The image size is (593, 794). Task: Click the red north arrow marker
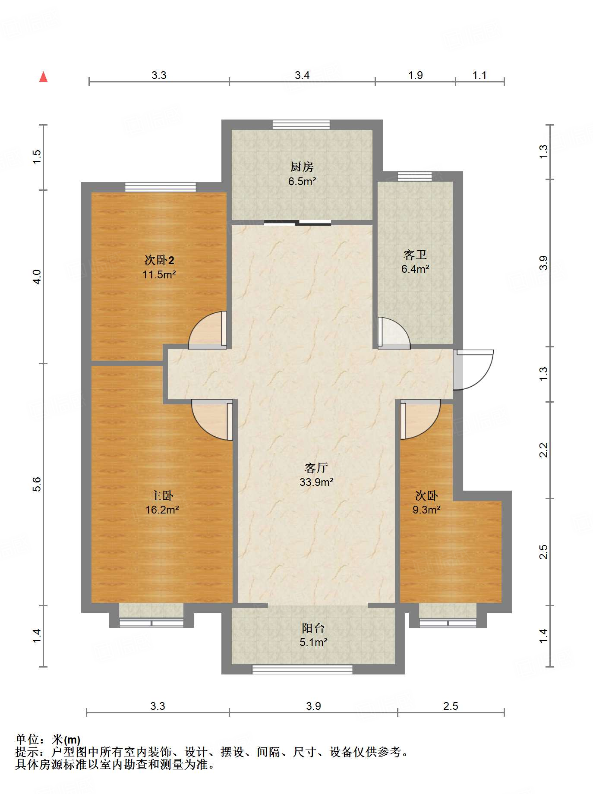pyautogui.click(x=43, y=77)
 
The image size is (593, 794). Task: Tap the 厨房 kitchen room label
pyautogui.click(x=302, y=167)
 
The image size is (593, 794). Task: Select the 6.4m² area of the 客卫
pyautogui.click(x=415, y=269)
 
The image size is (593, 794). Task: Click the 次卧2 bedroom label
pyautogui.click(x=159, y=260)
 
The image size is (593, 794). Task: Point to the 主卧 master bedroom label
pyautogui.click(x=162, y=496)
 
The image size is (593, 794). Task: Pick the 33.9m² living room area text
pyautogui.click(x=316, y=482)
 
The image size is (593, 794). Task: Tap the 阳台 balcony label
pyautogui.click(x=313, y=628)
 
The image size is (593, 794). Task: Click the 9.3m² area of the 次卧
pyautogui.click(x=426, y=510)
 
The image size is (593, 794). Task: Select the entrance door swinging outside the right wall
pyautogui.click(x=474, y=369)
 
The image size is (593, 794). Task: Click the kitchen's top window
pyautogui.click(x=301, y=124)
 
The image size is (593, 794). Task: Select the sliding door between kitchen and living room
pyautogui.click(x=297, y=223)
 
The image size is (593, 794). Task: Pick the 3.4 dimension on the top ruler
pyautogui.click(x=302, y=76)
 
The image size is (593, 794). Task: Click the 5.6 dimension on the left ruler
pyautogui.click(x=37, y=484)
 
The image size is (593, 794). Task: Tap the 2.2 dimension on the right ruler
pyautogui.click(x=544, y=450)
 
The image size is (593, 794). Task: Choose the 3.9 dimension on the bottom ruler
pyautogui.click(x=313, y=706)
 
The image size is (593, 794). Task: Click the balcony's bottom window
pyautogui.click(x=302, y=669)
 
